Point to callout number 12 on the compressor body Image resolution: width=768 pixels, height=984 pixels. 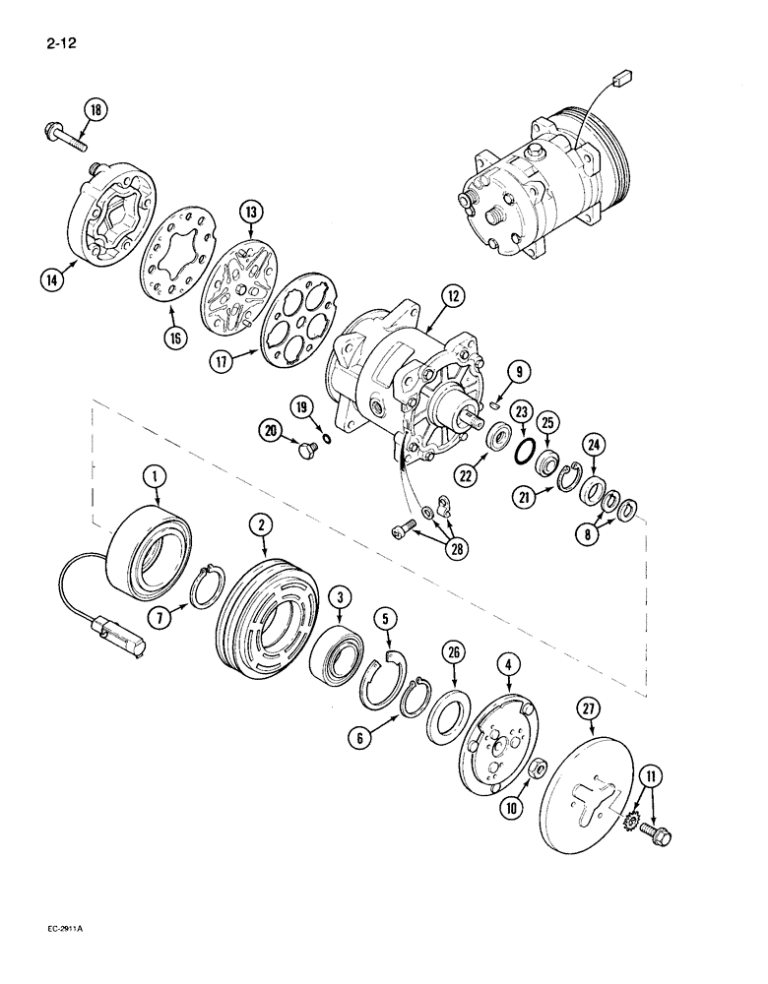pyautogui.click(x=423, y=295)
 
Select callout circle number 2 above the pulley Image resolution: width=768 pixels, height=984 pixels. pyautogui.click(x=261, y=526)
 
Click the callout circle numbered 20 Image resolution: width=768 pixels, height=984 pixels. pyautogui.click(x=241, y=428)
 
